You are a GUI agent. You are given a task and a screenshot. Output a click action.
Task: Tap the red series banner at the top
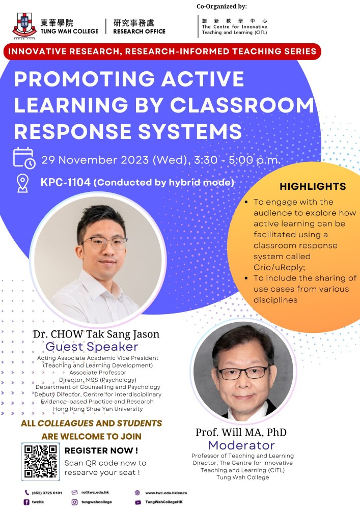tap(162, 51)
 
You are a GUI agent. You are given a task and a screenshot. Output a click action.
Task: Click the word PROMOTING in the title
tap(83, 79)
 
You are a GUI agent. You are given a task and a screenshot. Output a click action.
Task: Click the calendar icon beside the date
tap(24, 158)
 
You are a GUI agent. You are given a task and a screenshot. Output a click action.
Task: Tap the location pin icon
tap(22, 183)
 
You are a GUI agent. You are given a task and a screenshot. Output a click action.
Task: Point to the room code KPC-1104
tap(65, 182)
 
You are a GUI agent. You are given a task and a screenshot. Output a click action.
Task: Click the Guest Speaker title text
tap(92, 346)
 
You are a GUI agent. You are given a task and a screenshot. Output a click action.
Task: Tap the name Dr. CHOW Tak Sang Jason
tap(96, 334)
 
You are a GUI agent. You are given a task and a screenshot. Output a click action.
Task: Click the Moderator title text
tap(241, 445)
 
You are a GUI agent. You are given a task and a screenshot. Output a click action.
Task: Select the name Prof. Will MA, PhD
tap(241, 432)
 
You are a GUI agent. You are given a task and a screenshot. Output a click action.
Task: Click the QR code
tap(41, 461)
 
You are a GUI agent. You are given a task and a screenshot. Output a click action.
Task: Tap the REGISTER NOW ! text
tap(101, 450)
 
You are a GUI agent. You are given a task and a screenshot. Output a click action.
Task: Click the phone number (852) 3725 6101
tap(47, 493)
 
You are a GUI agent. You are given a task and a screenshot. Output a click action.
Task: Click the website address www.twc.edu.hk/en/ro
tap(166, 493)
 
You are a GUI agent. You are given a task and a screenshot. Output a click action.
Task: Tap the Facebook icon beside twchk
tap(26, 502)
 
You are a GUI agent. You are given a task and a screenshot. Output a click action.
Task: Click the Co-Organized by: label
tap(221, 6)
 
